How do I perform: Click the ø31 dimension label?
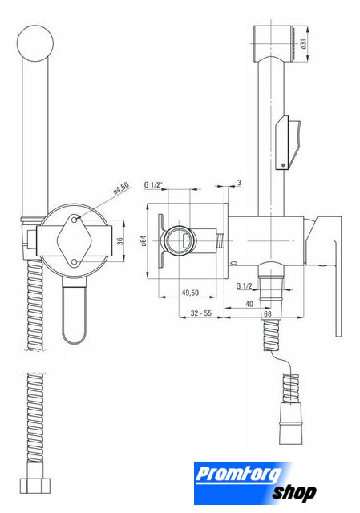click(303, 44)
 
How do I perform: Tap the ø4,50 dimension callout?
click(121, 188)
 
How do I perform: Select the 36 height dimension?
click(120, 240)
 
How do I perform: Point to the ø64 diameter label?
click(143, 240)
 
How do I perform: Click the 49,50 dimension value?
click(190, 292)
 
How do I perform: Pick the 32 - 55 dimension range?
click(201, 313)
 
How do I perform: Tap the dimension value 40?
click(249, 304)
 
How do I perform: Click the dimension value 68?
click(268, 313)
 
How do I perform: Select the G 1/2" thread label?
click(153, 185)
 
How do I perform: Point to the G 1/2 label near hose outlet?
click(245, 286)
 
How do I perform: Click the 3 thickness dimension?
click(239, 183)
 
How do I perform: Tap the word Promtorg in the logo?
click(238, 475)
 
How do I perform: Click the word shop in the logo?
click(294, 493)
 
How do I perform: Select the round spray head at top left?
click(35, 43)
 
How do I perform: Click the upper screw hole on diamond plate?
click(75, 220)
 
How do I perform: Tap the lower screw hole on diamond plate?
click(75, 261)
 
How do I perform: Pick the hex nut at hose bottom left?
click(35, 486)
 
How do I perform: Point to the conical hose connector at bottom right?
click(290, 423)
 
